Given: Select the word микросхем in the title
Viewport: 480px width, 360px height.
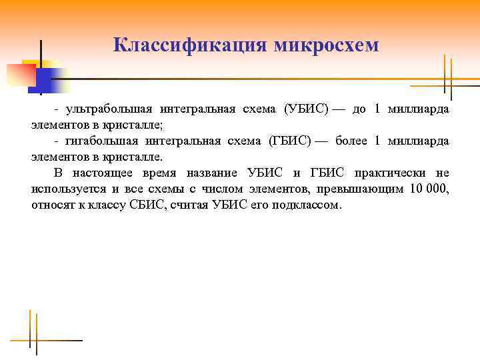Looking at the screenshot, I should tap(326, 45).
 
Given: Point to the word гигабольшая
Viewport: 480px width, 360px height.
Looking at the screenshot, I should tap(104, 141).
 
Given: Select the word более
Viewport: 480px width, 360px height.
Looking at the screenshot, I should tap(351, 141).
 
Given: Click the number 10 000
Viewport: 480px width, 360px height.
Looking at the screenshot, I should tap(429, 189).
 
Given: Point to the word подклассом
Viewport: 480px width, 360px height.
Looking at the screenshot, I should tap(307, 205).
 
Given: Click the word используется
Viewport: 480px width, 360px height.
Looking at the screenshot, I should tap(65, 189).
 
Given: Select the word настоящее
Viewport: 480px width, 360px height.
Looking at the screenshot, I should tap(105, 173).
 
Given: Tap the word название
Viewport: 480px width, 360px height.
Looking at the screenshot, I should tap(210, 173).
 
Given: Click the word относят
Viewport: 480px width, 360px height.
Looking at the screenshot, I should tap(51, 205).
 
